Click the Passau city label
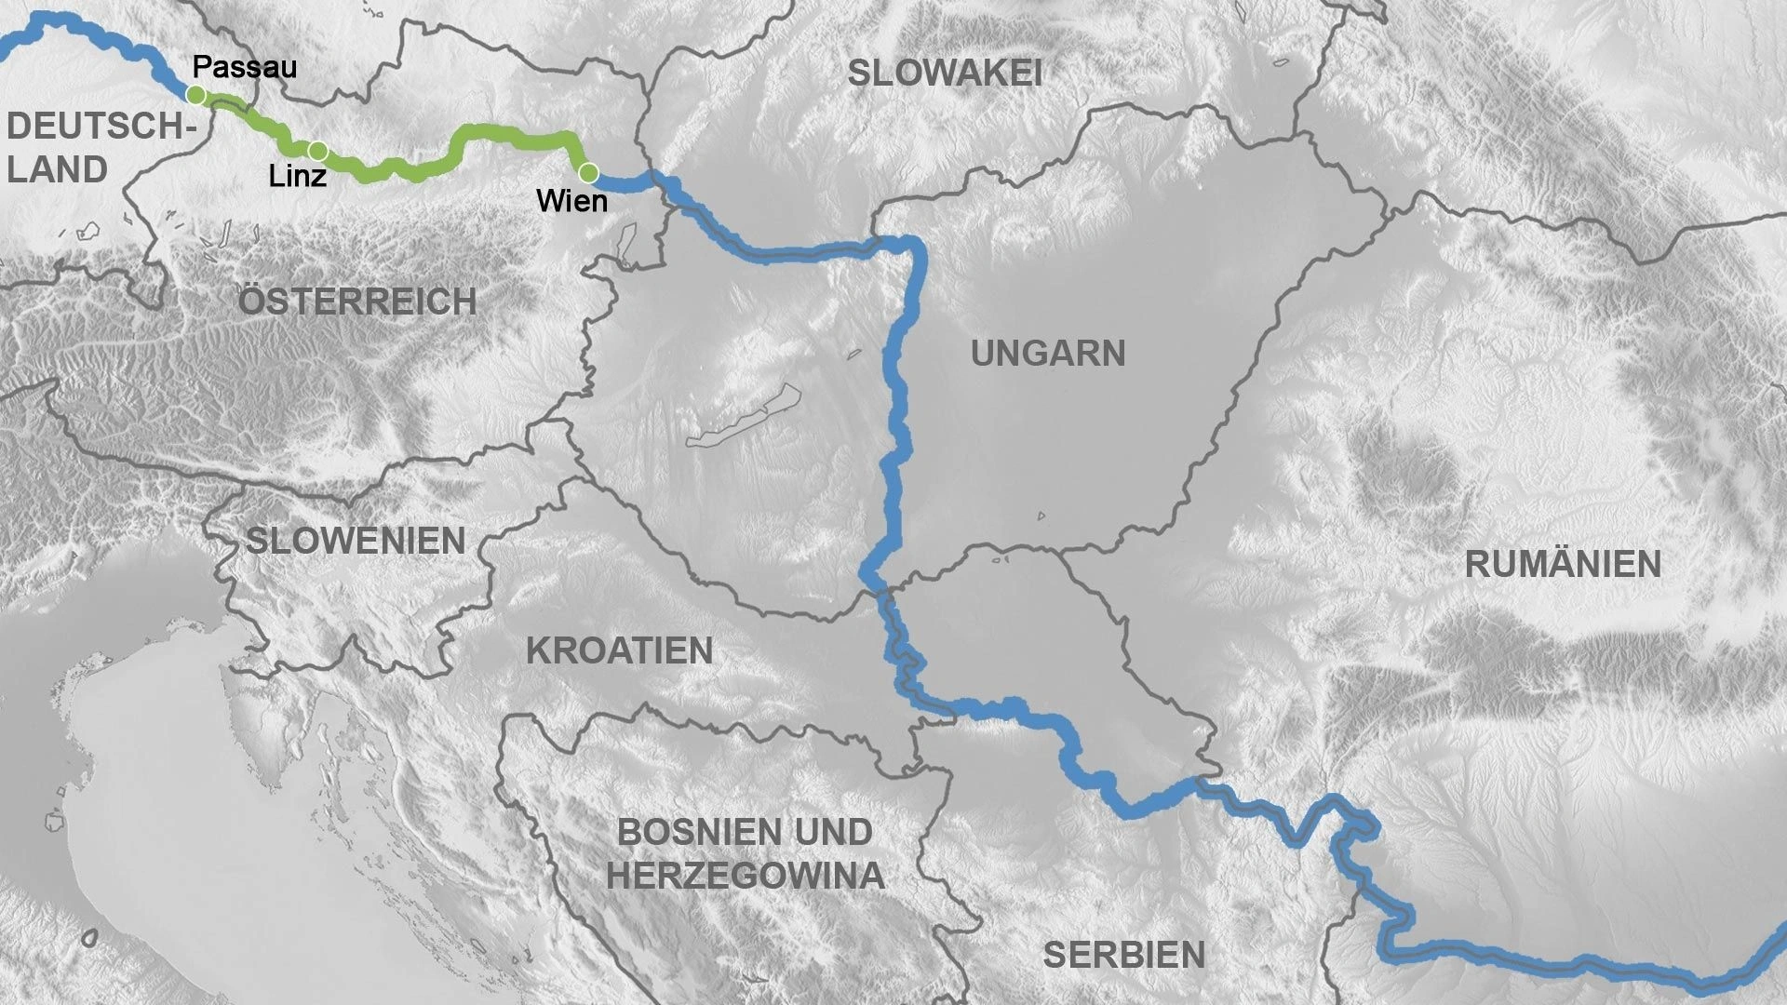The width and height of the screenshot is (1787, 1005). pyautogui.click(x=245, y=67)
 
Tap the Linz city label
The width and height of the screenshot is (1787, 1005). pyautogui.click(x=298, y=176)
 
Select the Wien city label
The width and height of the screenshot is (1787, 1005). pyautogui.click(x=571, y=201)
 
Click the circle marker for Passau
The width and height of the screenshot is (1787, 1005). pyautogui.click(x=195, y=95)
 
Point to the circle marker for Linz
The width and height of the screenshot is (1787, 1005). pyautogui.click(x=317, y=151)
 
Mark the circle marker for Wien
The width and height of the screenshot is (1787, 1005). pyautogui.click(x=588, y=172)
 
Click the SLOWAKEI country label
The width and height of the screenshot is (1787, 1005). pyautogui.click(x=944, y=74)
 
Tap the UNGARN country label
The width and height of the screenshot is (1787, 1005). pyautogui.click(x=1048, y=354)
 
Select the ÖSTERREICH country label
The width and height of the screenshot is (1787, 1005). pyautogui.click(x=357, y=301)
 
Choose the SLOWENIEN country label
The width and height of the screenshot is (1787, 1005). pyautogui.click(x=356, y=541)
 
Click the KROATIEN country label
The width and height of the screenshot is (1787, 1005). pyautogui.click(x=619, y=651)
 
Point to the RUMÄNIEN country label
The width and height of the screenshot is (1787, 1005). pyautogui.click(x=1563, y=565)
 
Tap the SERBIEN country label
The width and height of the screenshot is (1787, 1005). pyautogui.click(x=1123, y=955)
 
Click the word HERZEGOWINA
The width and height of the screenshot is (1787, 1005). pyautogui.click(x=745, y=876)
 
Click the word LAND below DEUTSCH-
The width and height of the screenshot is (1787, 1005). pyautogui.click(x=58, y=170)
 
